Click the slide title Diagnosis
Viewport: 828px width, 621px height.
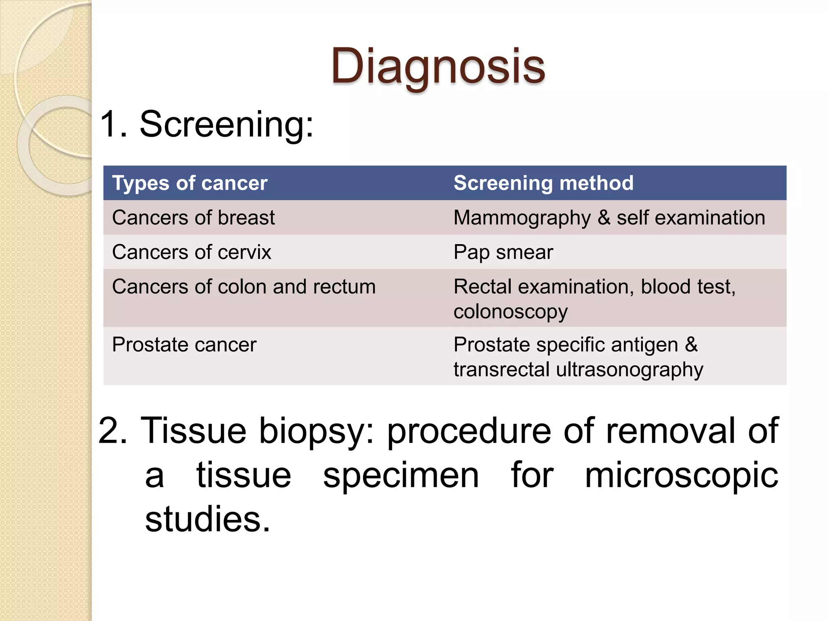[438, 67]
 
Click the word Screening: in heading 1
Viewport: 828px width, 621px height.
[226, 124]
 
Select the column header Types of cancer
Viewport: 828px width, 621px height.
[190, 183]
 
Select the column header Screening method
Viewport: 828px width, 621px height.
[543, 183]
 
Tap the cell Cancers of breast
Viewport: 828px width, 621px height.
[193, 218]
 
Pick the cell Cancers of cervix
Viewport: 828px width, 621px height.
[192, 252]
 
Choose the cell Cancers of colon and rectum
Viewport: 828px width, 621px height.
[244, 287]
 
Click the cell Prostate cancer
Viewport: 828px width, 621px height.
[184, 345]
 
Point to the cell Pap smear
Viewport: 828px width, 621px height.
[503, 253]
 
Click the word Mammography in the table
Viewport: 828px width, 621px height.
[522, 218]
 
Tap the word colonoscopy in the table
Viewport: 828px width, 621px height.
[511, 312]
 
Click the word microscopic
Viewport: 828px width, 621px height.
[681, 475]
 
